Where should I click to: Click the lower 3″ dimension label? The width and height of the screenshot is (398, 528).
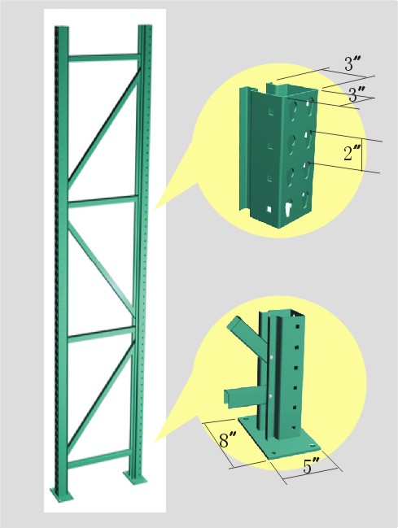click(x=356, y=94)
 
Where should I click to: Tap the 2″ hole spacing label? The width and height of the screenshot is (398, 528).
click(x=352, y=154)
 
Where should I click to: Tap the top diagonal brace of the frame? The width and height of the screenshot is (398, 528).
click(x=103, y=130)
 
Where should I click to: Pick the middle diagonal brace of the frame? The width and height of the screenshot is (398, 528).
click(x=99, y=265)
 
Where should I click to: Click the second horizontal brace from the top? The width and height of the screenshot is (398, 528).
click(x=103, y=200)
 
